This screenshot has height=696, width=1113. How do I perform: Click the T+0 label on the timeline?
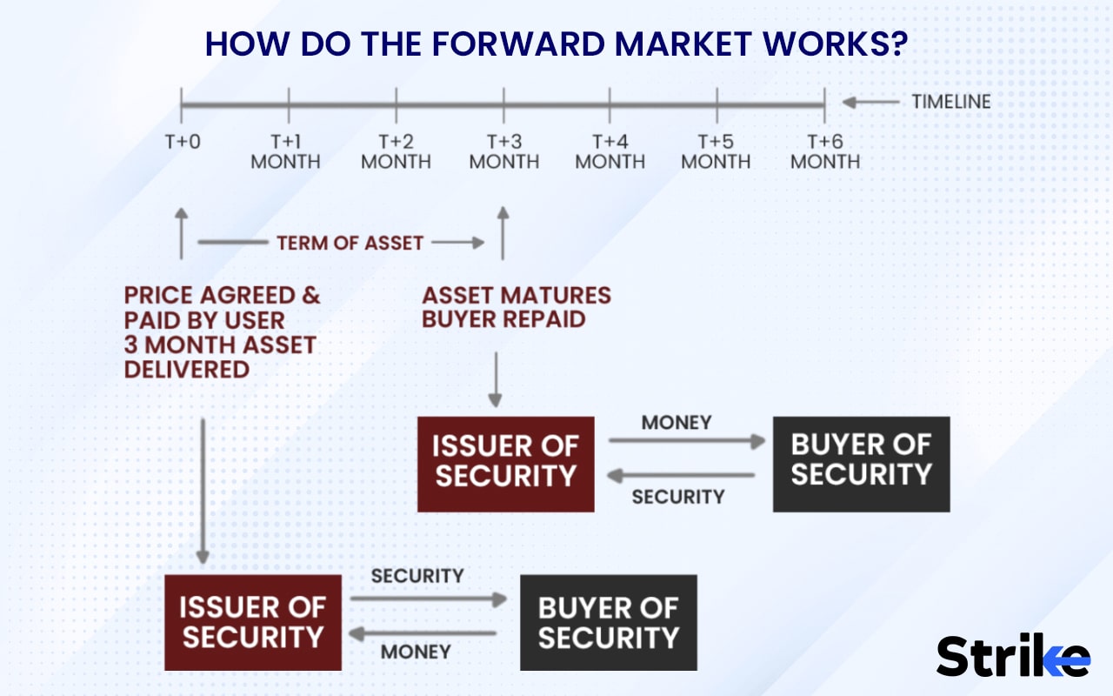tap(182, 141)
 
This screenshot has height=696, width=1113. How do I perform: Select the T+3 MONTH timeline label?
tap(503, 151)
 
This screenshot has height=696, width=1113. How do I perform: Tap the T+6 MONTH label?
tap(824, 151)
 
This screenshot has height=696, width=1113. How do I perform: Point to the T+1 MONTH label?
tap(285, 151)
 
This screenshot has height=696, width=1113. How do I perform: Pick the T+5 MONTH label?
tap(716, 151)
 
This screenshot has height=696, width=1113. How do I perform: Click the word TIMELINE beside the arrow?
tap(950, 102)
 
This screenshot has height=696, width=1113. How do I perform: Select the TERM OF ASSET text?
tap(350, 243)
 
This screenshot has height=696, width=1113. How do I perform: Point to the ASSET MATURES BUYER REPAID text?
tap(516, 307)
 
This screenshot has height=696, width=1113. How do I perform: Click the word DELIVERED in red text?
tap(186, 369)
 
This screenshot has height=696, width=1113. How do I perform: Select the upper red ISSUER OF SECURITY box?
tap(505, 464)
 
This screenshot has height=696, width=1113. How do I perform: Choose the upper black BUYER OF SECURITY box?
tap(861, 464)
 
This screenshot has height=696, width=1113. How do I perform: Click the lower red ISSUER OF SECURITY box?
tap(252, 622)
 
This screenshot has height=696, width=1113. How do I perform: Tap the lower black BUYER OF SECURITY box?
tap(608, 622)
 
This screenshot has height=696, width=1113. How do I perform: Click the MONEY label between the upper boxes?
tap(676, 423)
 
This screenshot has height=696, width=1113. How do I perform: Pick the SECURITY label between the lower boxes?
tap(417, 576)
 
